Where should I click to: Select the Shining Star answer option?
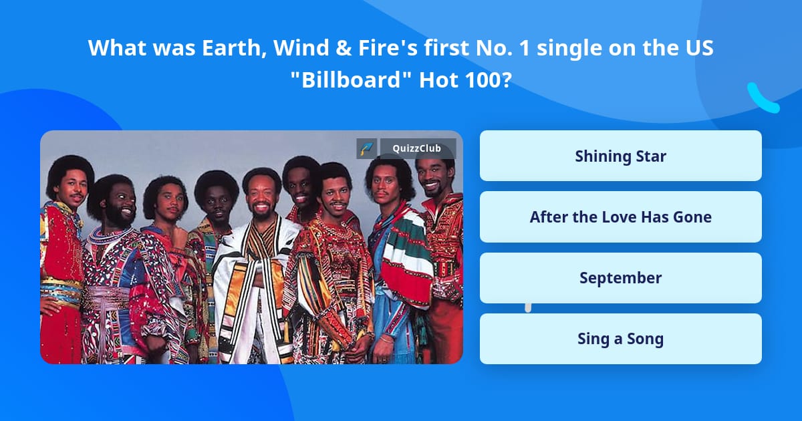click(x=620, y=156)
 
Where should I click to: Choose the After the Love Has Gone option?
click(x=620, y=217)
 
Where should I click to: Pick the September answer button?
click(x=620, y=278)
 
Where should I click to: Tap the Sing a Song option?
click(x=620, y=339)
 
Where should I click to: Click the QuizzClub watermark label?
click(x=418, y=148)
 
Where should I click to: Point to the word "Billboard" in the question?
click(x=350, y=80)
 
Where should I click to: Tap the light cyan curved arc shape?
click(x=761, y=98)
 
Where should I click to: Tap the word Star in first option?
click(x=649, y=156)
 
